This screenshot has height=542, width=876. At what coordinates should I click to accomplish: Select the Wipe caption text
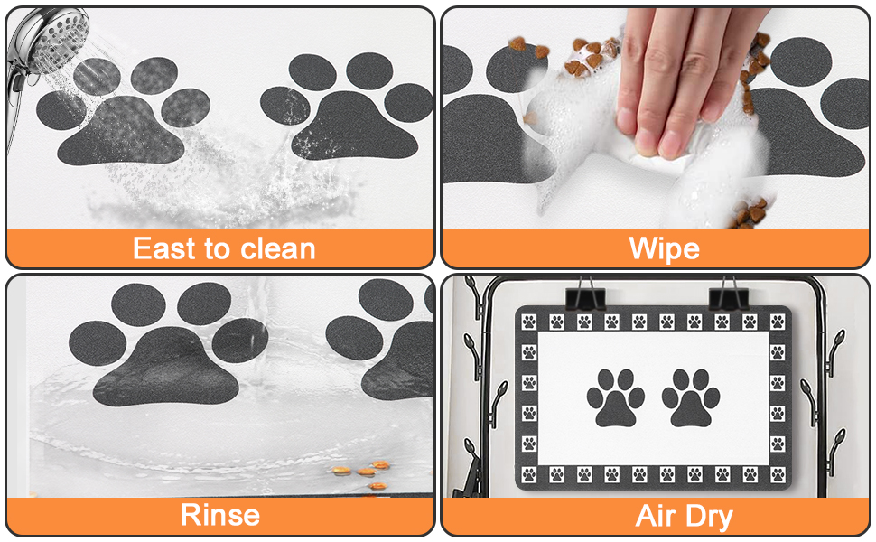664,248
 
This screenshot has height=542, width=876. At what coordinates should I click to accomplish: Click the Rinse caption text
220,515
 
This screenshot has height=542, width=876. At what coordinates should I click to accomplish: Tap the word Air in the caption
656,515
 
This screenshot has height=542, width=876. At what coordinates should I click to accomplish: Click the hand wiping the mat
687,79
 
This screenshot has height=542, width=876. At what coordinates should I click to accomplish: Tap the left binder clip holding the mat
585,297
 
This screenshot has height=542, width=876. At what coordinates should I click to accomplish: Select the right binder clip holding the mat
728,297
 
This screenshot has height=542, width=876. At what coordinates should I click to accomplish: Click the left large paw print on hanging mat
616,397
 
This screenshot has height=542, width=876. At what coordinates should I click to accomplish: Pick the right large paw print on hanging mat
691,397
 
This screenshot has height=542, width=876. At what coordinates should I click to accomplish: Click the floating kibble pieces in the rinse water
363,474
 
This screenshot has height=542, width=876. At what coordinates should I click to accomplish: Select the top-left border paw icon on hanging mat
529,322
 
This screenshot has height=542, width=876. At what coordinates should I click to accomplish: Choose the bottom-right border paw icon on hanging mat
778,475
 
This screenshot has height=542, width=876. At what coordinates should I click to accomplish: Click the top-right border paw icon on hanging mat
778,322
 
